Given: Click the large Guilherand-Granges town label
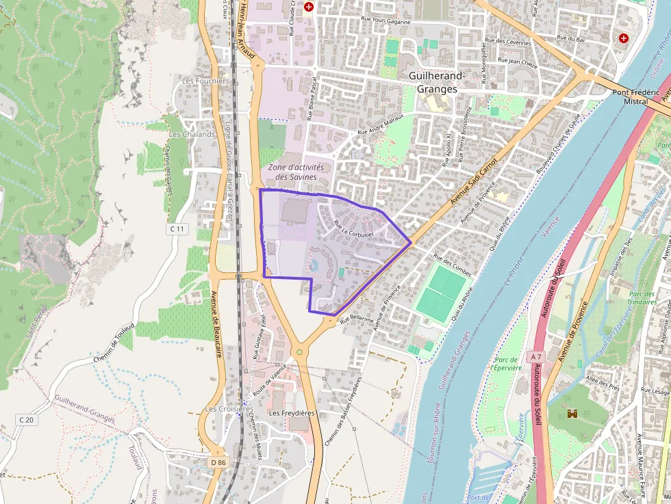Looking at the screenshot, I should click(436, 82).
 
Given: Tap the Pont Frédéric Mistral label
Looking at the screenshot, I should click(635, 96).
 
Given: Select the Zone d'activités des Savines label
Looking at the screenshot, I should click(296, 172).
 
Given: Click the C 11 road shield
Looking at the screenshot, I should click(177, 228).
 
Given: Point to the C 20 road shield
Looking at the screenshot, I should click(26, 419).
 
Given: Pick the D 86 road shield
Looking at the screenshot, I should click(218, 462).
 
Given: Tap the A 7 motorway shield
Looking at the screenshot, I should click(535, 356).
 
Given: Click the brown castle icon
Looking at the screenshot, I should click(572, 414).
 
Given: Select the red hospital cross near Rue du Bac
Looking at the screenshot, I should click(623, 38).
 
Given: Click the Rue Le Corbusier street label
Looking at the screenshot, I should click(353, 228).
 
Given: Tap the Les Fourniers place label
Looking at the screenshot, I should click(205, 81).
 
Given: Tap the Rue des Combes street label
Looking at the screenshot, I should click(452, 265).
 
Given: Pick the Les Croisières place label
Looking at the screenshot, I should click(225, 409).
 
